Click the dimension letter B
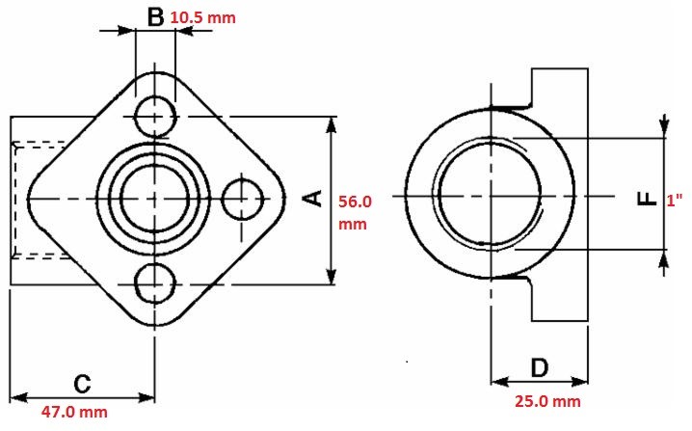coord(155,17)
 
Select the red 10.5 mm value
coord(203,17)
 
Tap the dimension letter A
coord(313,199)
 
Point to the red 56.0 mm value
coord(355,212)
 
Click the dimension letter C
coord(82,384)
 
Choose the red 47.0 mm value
coord(74,412)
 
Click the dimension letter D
coord(539,368)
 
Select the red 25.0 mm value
coord(547,401)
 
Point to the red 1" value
coord(675,201)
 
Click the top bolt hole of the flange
coord(155,117)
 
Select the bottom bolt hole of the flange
coord(155,283)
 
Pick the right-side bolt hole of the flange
coord(242,200)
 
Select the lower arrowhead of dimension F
coord(664,258)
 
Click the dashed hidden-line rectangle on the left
coord(14,199)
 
